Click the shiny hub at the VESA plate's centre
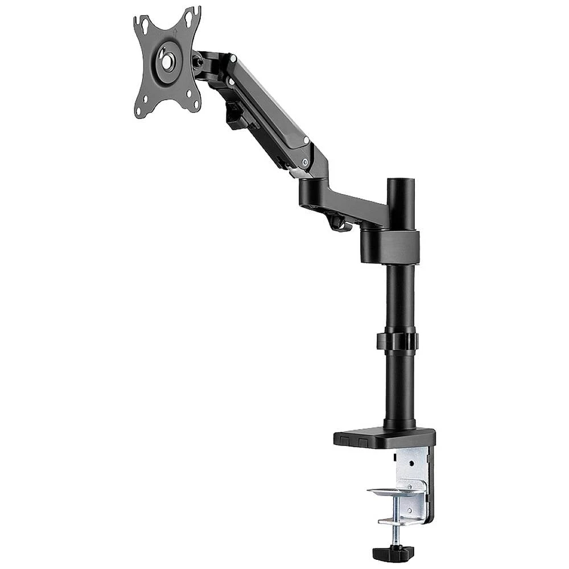[x=167, y=61]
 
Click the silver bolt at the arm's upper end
[x=233, y=58]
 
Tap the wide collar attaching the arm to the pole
[x=389, y=246]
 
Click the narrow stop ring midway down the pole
[x=397, y=341]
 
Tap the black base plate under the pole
[x=384, y=438]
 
